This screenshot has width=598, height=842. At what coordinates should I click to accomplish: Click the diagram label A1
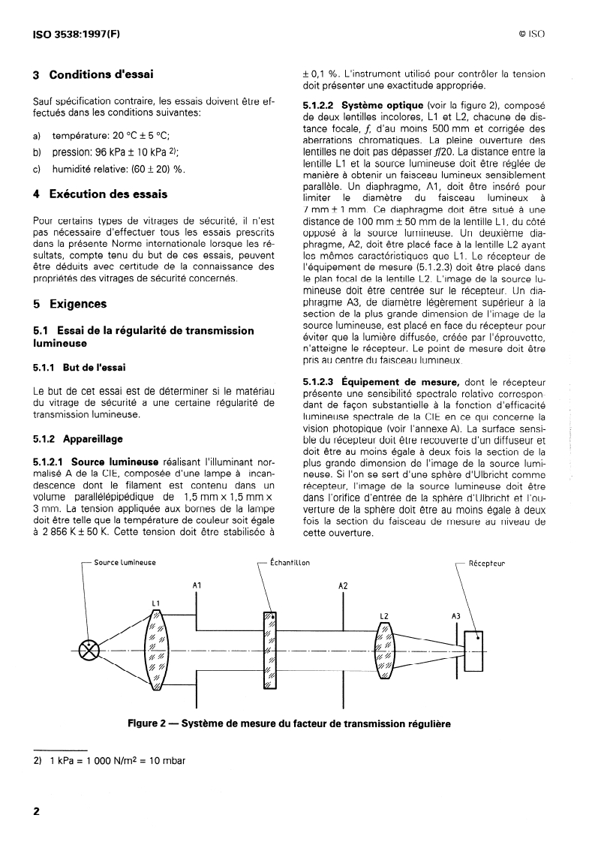[197, 584]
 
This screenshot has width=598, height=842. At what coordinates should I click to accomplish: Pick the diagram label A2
[343, 584]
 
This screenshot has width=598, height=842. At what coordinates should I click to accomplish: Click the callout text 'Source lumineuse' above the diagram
[125, 562]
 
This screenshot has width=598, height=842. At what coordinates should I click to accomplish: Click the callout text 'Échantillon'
[290, 562]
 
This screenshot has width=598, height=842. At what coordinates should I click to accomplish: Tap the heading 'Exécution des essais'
[108, 194]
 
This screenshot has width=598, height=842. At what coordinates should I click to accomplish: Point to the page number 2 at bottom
[35, 813]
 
